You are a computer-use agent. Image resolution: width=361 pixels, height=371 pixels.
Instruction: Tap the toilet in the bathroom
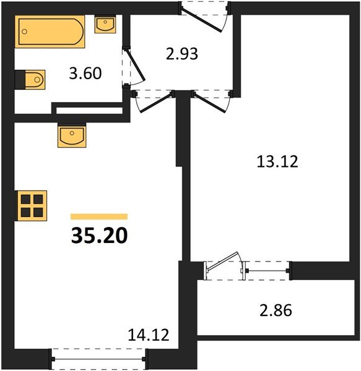pos(32,79)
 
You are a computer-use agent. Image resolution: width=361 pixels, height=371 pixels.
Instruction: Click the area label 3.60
pos(85,73)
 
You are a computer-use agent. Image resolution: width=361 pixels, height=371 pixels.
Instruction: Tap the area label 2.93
pos(182,54)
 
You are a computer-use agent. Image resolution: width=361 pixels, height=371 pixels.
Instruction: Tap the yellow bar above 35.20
pos(99,216)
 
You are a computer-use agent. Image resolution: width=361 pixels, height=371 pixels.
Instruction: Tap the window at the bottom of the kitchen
pos(100,357)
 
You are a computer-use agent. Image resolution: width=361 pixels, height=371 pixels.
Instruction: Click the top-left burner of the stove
pos(26,198)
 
